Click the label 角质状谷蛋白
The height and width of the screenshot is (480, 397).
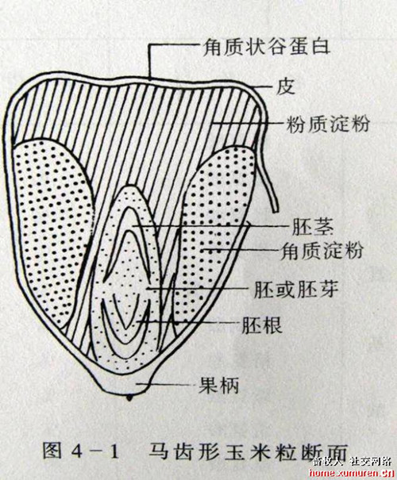(x=266, y=48)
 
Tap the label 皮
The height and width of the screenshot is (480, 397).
(x=285, y=87)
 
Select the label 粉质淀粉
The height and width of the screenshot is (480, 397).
(x=328, y=124)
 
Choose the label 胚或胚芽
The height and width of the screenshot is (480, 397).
(x=296, y=290)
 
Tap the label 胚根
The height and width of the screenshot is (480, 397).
(x=261, y=324)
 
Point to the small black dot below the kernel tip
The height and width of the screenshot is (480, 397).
(x=129, y=398)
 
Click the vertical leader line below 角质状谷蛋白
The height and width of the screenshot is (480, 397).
(x=150, y=61)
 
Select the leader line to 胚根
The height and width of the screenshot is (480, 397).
(x=187, y=321)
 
